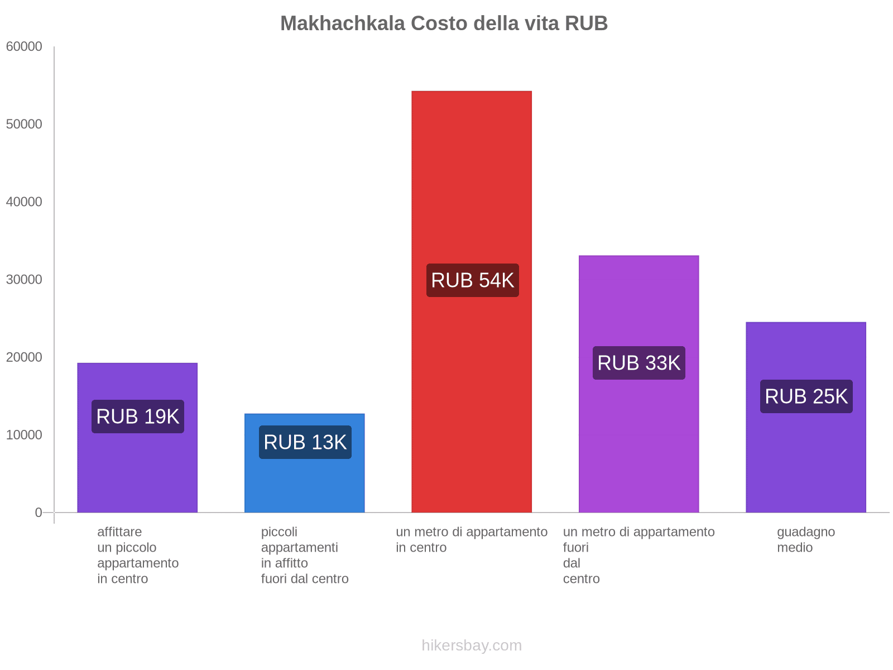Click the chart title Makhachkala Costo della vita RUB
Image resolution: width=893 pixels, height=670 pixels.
(444, 23)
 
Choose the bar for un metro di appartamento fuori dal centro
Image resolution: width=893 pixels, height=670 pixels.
(638, 447)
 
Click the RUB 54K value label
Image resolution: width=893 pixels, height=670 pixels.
(473, 280)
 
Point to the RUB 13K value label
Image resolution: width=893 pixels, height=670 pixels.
(305, 442)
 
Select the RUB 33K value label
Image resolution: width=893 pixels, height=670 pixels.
(639, 363)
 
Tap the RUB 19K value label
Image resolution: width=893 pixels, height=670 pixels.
(138, 417)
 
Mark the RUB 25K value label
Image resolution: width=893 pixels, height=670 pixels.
(806, 396)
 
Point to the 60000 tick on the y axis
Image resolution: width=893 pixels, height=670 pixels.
(24, 46)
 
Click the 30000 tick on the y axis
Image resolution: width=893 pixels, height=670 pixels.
(24, 279)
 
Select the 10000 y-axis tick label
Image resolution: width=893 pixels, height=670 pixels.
(24, 434)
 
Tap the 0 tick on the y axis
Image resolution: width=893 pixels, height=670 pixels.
(39, 512)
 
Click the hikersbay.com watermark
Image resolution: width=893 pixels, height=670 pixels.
(472, 645)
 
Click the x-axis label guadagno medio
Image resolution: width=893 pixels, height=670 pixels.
(806, 539)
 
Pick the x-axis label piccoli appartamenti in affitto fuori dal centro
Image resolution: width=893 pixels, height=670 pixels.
(305, 555)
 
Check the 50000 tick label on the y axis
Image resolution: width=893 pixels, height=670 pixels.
(24, 124)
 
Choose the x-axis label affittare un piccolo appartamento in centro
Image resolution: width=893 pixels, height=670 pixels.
(138, 555)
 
